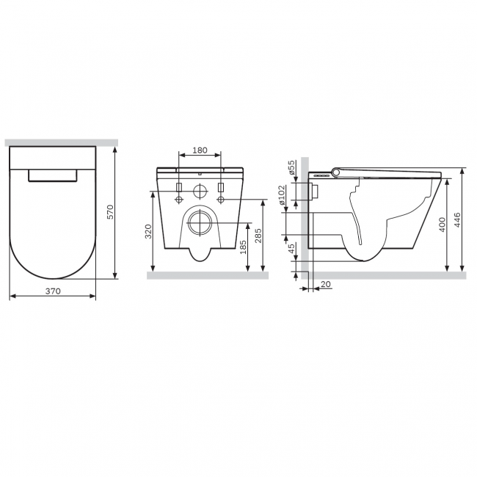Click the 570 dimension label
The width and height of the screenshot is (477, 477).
click(x=111, y=212)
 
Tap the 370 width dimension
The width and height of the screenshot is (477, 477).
click(x=54, y=291)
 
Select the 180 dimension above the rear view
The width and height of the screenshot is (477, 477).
click(x=200, y=150)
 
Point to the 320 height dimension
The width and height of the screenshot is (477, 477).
click(x=148, y=231)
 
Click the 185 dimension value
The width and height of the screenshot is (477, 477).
click(x=243, y=247)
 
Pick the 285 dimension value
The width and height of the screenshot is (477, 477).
click(x=258, y=236)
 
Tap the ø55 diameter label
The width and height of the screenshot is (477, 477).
click(x=291, y=167)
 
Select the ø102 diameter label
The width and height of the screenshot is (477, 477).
click(x=281, y=195)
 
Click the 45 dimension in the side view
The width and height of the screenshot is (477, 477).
click(x=291, y=249)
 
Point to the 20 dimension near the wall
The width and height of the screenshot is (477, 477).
click(x=326, y=284)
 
